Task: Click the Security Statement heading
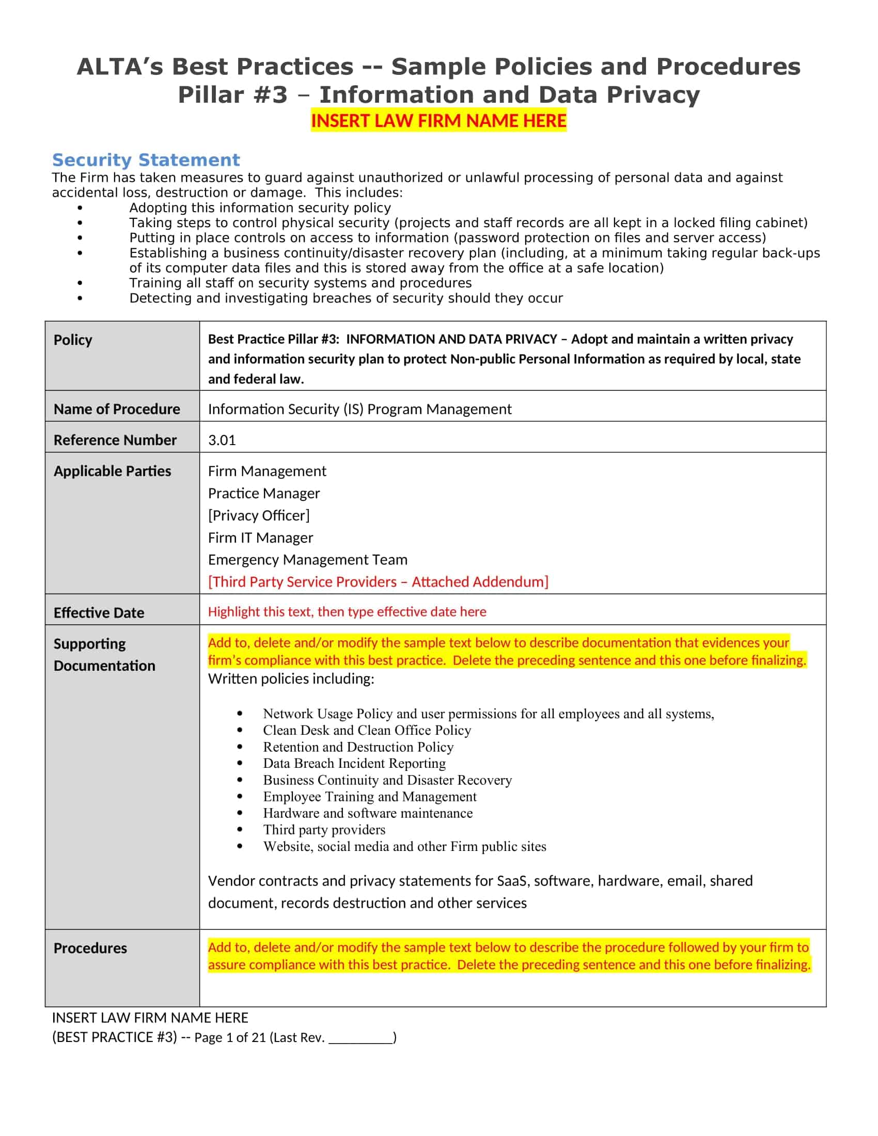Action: pos(146,160)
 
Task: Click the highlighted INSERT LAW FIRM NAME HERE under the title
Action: pos(438,121)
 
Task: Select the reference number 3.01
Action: pos(222,440)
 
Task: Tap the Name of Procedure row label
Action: pos(117,409)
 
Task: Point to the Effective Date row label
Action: pos(99,612)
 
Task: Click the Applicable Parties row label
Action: pos(112,471)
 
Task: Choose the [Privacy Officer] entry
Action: pos(259,515)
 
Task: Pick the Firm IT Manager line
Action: pos(260,538)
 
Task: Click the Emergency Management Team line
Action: pos(307,560)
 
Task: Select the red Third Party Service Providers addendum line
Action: pos(378,581)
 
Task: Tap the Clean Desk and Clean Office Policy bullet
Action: pos(367,730)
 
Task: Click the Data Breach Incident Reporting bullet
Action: pos(354,763)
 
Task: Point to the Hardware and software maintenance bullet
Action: pos(367,813)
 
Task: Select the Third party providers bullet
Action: pos(324,830)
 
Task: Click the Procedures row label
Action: pos(90,948)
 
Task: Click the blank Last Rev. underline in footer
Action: pos(360,1038)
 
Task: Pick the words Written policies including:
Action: pos(291,679)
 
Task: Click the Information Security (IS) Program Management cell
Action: pos(359,409)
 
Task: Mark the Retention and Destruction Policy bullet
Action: pos(358,747)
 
